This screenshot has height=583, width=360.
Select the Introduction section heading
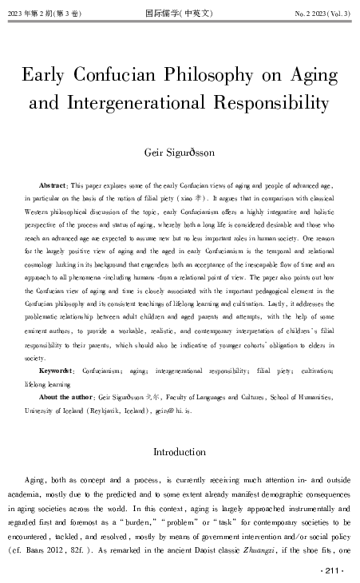tap(180, 452)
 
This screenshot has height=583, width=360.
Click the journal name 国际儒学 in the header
tap(180, 12)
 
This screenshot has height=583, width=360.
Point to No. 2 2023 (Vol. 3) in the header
tap(318, 12)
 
